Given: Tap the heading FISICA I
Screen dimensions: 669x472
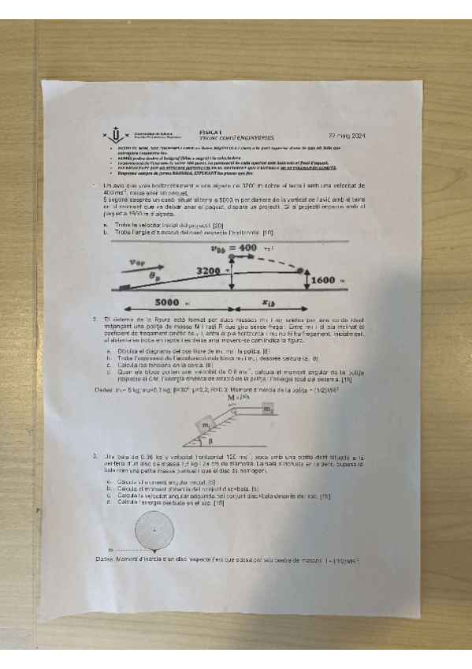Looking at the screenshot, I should pos(212,133).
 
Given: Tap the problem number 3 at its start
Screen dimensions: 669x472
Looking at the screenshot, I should pos(95,455).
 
